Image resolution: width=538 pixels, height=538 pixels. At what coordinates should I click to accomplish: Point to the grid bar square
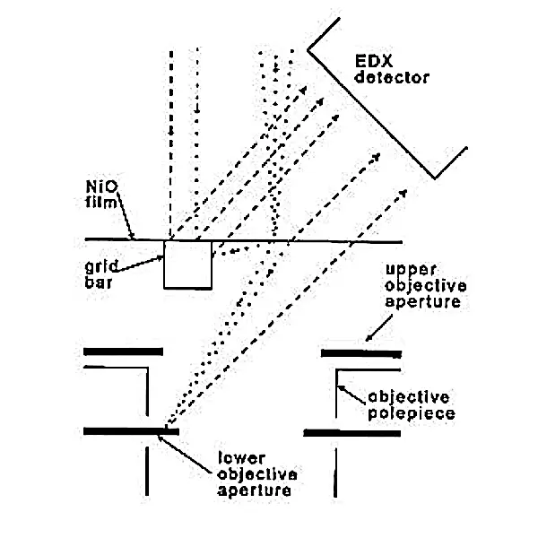tap(187, 264)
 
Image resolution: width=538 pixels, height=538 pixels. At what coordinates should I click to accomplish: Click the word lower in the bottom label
tap(238, 457)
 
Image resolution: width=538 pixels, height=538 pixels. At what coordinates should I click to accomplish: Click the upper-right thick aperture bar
tap(360, 354)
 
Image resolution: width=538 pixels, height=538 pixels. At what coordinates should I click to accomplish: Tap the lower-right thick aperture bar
tap(351, 432)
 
